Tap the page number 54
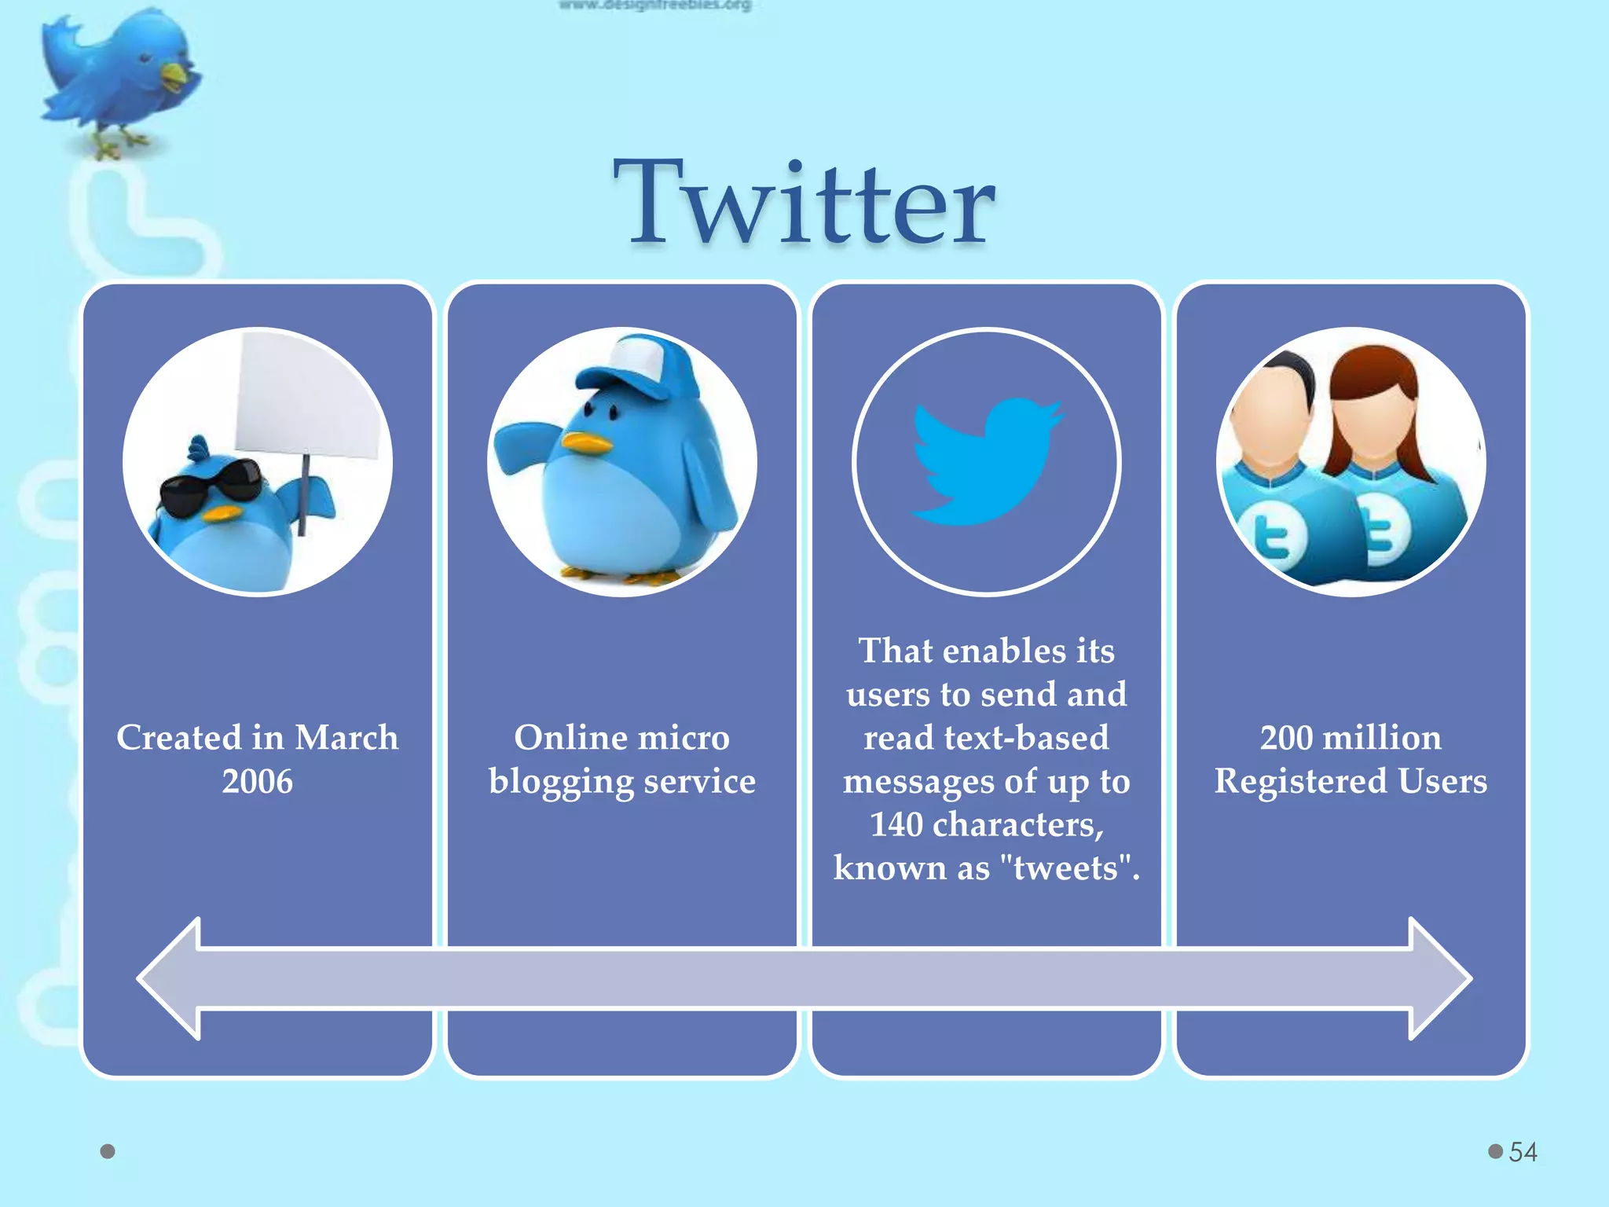point(1523,1152)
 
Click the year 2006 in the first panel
point(257,782)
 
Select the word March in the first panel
point(346,738)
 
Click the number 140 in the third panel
point(896,825)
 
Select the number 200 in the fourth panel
point(1286,738)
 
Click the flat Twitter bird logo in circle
point(986,460)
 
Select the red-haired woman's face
point(1373,420)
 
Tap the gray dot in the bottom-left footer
point(108,1152)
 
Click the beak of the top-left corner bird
point(176,75)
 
